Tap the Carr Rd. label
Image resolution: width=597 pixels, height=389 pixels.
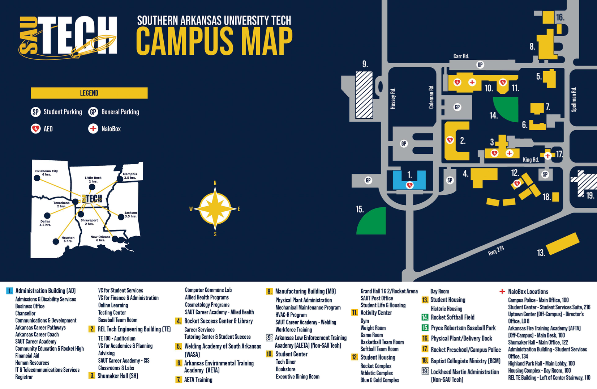point(461,56)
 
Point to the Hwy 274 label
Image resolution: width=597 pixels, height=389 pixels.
point(496,250)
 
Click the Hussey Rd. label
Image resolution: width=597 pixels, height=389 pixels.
point(393,98)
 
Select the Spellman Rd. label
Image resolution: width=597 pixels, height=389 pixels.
point(574,99)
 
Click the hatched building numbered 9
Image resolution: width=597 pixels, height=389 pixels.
point(364,95)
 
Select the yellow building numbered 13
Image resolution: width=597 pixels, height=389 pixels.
point(562,244)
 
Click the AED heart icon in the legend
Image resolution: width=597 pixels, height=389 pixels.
point(35,128)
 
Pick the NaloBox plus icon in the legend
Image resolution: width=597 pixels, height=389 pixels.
point(93,128)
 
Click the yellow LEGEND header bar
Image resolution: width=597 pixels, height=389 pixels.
point(89,93)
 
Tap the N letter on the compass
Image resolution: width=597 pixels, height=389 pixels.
point(215,183)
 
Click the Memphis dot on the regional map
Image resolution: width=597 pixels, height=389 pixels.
point(120,179)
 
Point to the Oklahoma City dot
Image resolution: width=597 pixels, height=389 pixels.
point(37,178)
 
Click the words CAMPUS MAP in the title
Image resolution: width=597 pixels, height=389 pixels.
point(214,41)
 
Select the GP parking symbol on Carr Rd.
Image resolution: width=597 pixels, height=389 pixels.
point(480,65)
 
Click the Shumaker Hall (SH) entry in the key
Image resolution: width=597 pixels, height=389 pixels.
point(117,376)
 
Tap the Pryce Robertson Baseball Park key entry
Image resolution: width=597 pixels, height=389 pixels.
point(463,328)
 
